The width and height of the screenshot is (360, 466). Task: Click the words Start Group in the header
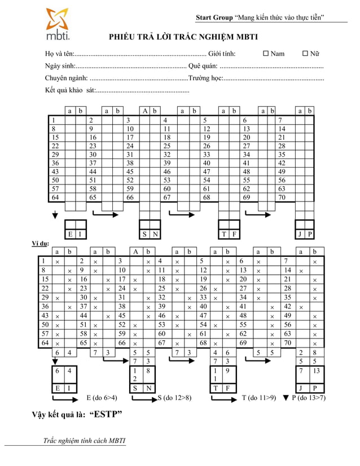tap(213, 17)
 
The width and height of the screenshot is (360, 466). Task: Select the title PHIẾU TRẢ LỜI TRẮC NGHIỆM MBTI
tap(183, 38)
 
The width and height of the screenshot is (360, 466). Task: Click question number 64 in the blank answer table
tap(55, 197)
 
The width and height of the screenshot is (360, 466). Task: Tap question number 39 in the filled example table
tap(162, 307)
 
